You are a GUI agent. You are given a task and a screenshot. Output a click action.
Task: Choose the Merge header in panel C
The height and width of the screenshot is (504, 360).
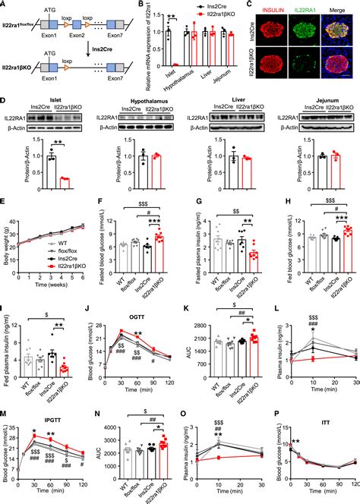pos(339,9)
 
